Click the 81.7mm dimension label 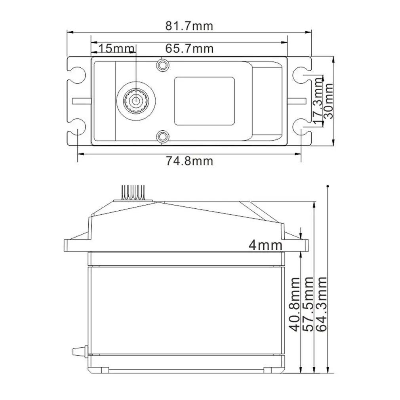click(x=189, y=26)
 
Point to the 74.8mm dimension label click(x=189, y=161)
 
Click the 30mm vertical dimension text click(x=328, y=101)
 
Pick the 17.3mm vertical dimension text click(x=318, y=101)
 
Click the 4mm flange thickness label click(x=265, y=245)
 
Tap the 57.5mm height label click(x=308, y=304)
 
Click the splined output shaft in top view click(x=136, y=100)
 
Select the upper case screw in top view click(x=162, y=65)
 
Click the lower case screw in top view click(x=162, y=137)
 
